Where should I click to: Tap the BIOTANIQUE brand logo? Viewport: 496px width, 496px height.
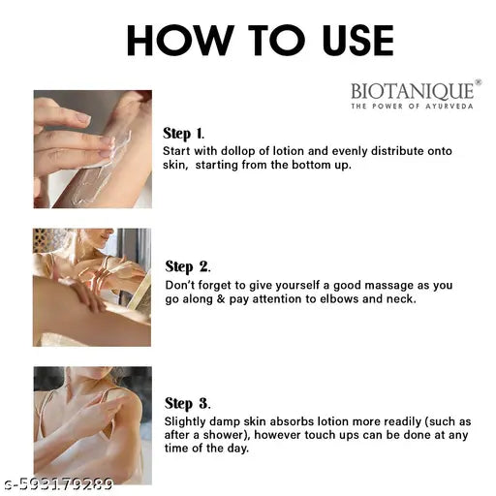click(414, 92)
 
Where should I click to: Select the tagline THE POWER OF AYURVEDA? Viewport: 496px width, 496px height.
click(414, 107)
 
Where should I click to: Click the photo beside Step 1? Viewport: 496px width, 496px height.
click(92, 149)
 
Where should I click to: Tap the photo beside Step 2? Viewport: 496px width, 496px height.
click(92, 287)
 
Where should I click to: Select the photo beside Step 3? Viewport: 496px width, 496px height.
click(92, 424)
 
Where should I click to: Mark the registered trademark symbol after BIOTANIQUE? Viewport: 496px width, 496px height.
click(479, 84)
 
